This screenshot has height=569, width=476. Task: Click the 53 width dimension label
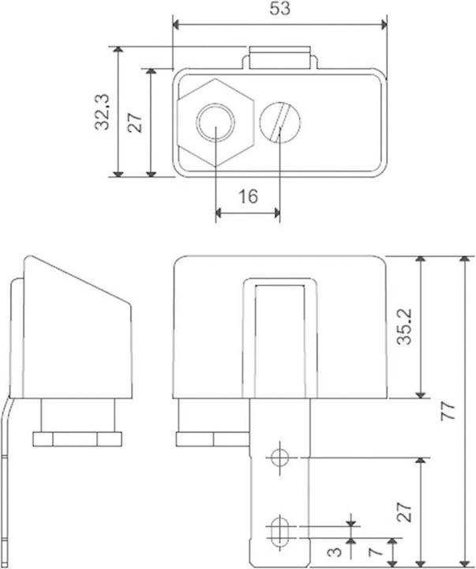pos(279,9)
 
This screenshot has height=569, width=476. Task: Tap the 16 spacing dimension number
pos(248,196)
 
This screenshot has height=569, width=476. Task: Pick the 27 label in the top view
pos(135,122)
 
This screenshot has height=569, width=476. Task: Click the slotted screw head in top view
pos(280,122)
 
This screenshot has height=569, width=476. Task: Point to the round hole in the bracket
pos(279,458)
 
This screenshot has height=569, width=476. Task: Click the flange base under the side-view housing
pos(77,437)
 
